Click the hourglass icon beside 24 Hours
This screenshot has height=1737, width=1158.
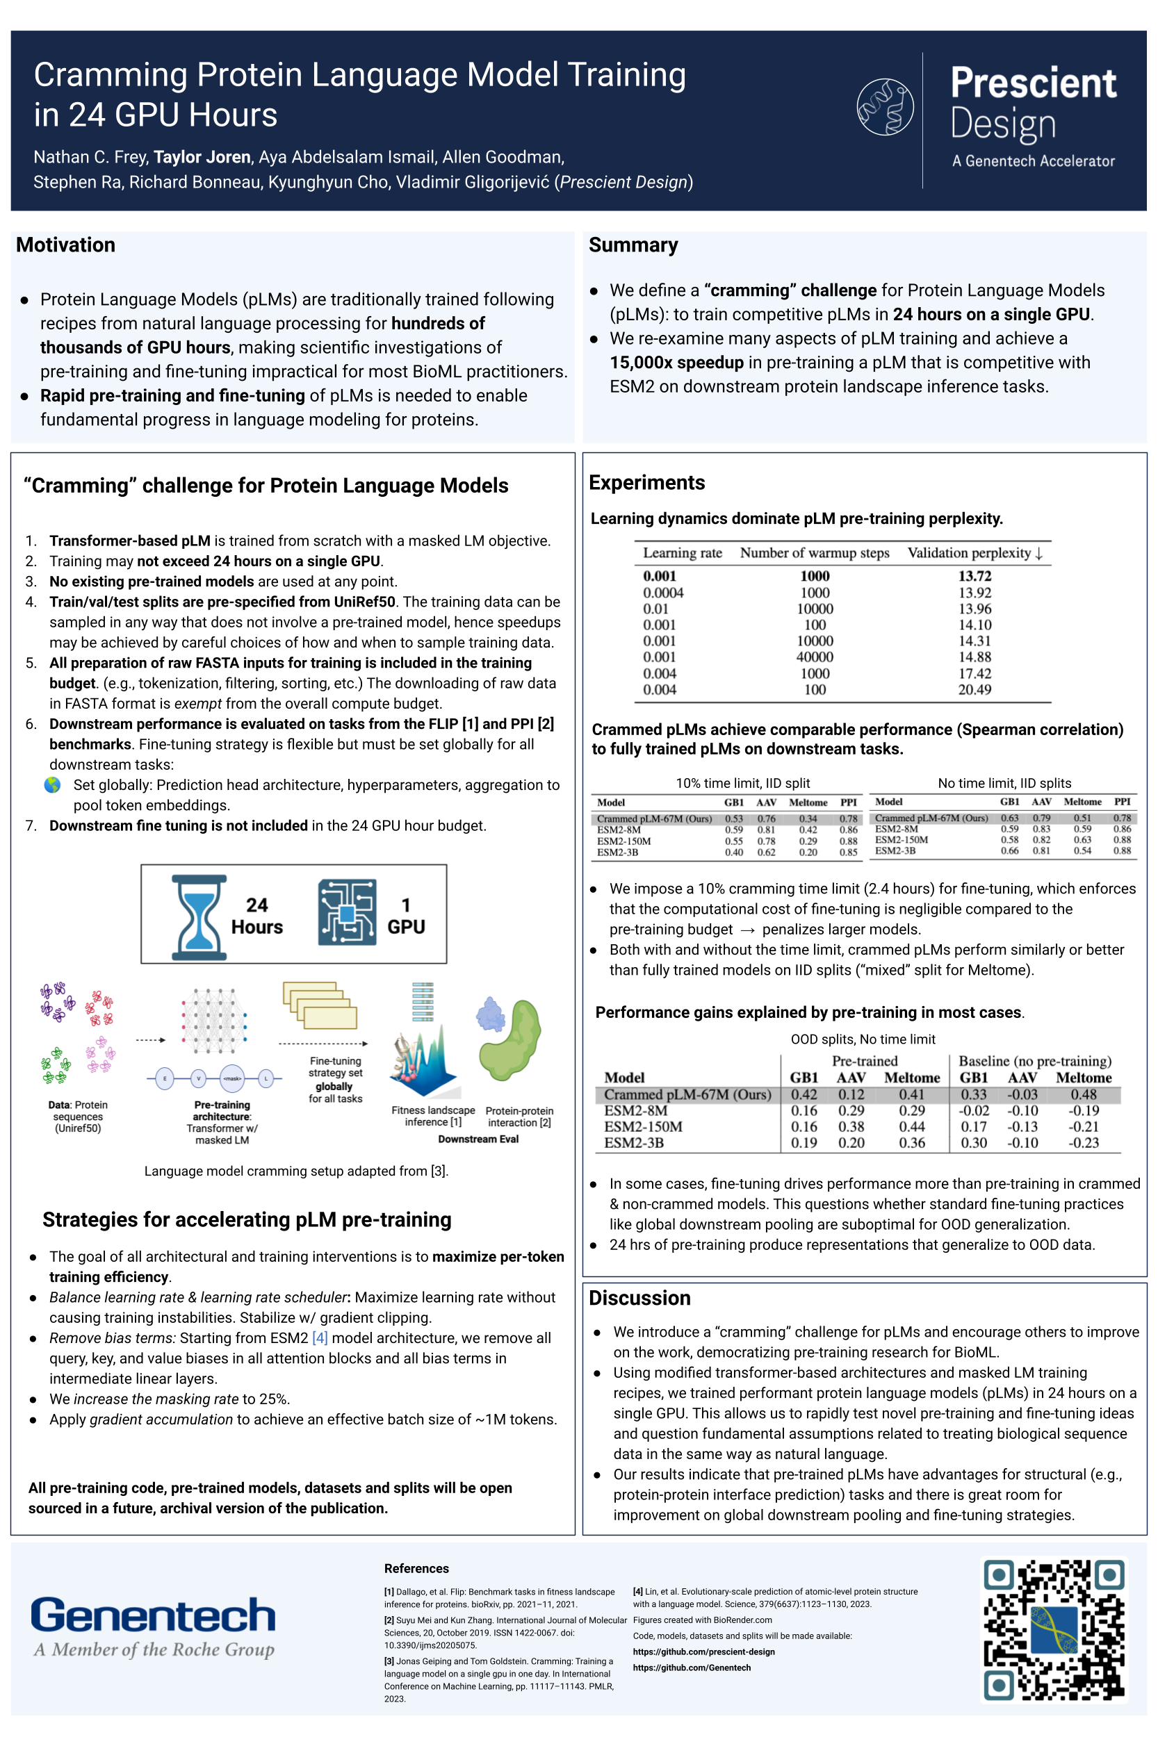click(x=198, y=917)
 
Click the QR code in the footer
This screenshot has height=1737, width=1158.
click(x=1054, y=1629)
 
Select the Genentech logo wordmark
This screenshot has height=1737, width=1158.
click(x=153, y=1615)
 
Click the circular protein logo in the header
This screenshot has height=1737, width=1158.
click(x=885, y=106)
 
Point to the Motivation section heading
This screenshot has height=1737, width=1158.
click(x=66, y=245)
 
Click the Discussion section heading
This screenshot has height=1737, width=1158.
click(x=639, y=1298)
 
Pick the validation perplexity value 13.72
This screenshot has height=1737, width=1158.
click(x=974, y=576)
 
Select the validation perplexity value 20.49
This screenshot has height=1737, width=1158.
click(x=974, y=689)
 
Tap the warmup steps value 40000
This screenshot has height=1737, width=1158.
click(x=815, y=657)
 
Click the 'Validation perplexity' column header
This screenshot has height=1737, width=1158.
click(x=974, y=553)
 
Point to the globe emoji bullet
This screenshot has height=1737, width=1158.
click(x=52, y=784)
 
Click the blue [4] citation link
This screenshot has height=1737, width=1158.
click(x=320, y=1337)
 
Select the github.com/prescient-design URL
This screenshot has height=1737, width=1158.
click(x=704, y=1652)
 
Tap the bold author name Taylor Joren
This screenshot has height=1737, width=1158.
click(x=202, y=157)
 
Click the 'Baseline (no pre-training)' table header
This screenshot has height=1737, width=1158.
click(x=1034, y=1061)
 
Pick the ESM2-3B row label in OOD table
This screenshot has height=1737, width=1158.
click(x=634, y=1143)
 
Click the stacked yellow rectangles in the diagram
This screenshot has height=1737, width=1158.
click(x=320, y=1005)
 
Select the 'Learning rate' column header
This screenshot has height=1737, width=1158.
click(x=682, y=553)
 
